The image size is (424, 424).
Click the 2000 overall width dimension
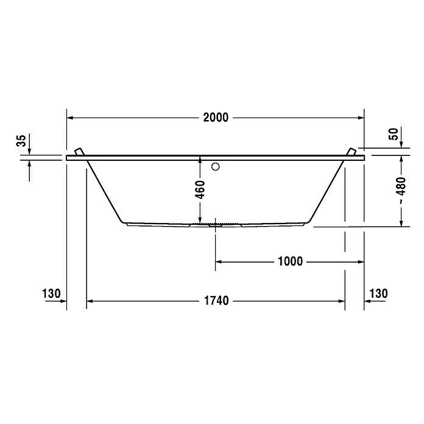click(216, 118)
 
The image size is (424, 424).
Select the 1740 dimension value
click(216, 301)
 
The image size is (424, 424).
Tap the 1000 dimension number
click(290, 262)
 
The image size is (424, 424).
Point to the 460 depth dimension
click(200, 189)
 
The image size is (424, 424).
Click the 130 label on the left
click(52, 294)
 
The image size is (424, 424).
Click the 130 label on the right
click(378, 294)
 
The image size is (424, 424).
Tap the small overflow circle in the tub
click(216, 166)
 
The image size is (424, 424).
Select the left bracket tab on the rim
click(79, 152)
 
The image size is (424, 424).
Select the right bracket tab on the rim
click(350, 152)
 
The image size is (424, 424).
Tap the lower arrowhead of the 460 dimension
click(200, 220)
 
